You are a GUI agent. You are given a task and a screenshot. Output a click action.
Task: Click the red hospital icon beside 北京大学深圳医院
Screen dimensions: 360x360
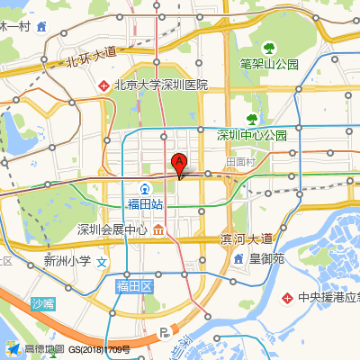coord(104,85)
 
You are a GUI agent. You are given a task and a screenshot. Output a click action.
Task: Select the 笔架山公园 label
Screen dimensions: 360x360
coord(269,64)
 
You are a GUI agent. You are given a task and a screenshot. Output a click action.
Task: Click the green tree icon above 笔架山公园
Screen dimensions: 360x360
coord(267,48)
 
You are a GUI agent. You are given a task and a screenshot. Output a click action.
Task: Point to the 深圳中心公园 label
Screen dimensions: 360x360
coord(251,135)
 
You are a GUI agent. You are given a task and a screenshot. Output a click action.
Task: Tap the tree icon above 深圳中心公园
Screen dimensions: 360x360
coord(252,118)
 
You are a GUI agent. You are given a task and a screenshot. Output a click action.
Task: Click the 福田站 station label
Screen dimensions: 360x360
coord(145,204)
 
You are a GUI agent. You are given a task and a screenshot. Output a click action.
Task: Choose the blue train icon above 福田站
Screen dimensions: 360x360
coord(146,188)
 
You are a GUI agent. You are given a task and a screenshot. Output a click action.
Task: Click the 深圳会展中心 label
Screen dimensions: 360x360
coord(112,229)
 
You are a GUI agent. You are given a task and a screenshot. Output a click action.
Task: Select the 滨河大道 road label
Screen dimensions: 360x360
coord(247,238)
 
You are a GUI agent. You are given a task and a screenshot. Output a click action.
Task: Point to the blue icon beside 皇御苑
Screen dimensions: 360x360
coord(238,258)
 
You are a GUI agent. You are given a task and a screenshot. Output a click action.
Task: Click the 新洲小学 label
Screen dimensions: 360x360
coord(67,262)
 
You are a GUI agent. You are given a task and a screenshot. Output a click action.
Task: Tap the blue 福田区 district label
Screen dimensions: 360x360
coord(136,286)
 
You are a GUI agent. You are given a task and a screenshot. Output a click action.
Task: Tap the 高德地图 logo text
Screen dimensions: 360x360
coord(43,349)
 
